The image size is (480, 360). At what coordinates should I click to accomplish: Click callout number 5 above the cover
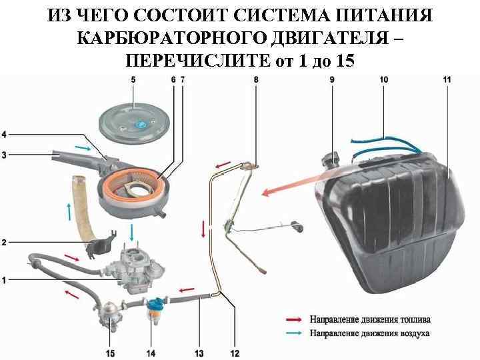(x=133, y=79)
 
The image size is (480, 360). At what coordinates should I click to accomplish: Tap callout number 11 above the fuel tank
(x=446, y=79)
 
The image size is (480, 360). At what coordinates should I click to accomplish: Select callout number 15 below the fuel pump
(x=109, y=352)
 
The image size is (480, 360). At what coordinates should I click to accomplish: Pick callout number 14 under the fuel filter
(x=151, y=352)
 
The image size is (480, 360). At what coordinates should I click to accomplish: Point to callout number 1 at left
(x=5, y=281)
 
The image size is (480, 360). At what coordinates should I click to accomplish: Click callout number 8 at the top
(x=256, y=79)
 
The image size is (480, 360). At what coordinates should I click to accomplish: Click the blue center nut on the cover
(x=141, y=125)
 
